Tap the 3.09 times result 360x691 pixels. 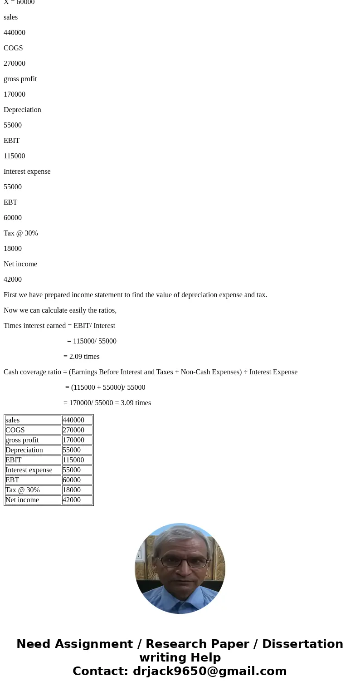(x=136, y=403)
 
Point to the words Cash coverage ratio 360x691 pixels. (x=32, y=372)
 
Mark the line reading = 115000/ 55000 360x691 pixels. (x=92, y=341)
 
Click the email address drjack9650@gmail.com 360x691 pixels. (x=209, y=671)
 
